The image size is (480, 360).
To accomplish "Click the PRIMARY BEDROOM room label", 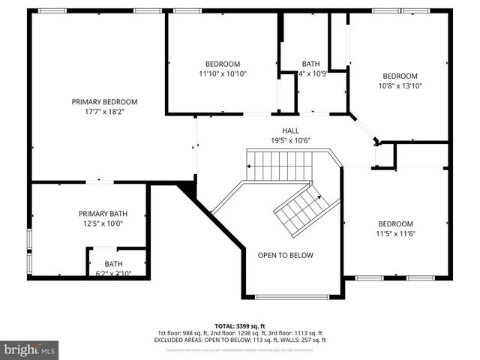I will coord(104,101).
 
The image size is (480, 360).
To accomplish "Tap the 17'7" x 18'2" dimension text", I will coord(104,112).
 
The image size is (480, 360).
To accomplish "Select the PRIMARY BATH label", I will coord(99,213).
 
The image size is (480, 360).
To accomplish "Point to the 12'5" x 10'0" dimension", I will coord(99,223).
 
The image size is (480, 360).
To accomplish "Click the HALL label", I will coord(290,130).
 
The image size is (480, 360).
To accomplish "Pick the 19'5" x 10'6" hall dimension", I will coord(290,140).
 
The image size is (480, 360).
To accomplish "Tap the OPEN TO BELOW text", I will coord(286,255).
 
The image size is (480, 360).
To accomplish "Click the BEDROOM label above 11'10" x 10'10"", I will coord(223,64).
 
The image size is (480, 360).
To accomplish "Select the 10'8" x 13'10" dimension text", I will coord(400,86).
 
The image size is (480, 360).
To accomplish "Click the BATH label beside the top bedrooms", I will coord(310,64).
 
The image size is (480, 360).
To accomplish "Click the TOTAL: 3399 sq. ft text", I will coord(239,325).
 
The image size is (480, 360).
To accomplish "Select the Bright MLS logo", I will coord(30,349).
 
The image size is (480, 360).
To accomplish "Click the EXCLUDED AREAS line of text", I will coord(239,340).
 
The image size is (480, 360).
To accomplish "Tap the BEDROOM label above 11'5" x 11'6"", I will coord(395,224).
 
